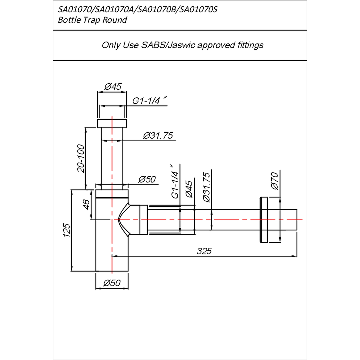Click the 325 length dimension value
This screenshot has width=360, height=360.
click(x=204, y=251)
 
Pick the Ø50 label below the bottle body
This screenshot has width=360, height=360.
click(x=112, y=283)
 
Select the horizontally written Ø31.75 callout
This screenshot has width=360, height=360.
click(x=158, y=136)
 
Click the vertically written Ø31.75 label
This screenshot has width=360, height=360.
click(x=206, y=187)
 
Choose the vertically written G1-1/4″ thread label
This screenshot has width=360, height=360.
click(x=175, y=182)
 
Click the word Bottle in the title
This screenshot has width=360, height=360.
click(x=69, y=20)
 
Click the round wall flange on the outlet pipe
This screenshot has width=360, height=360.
click(x=264, y=220)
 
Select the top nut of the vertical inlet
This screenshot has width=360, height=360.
click(x=112, y=123)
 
